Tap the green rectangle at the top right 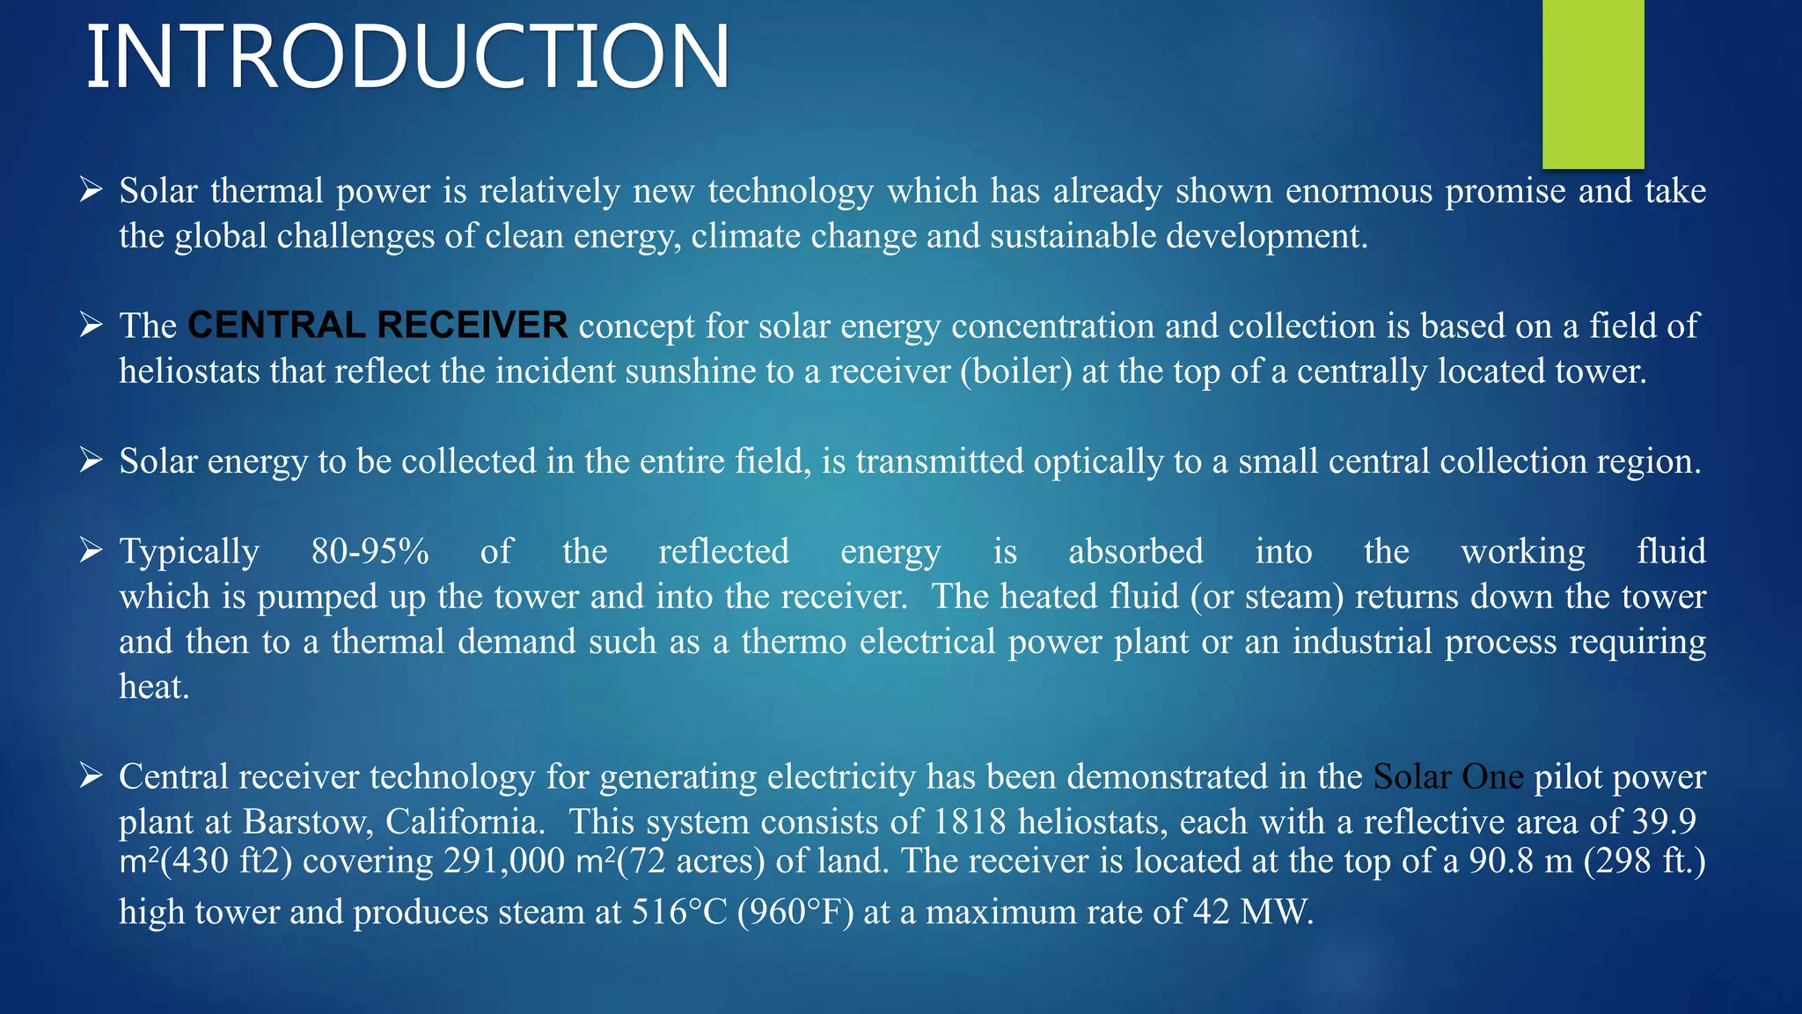tap(1593, 84)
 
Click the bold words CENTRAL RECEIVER tap(377, 326)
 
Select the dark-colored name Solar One tap(1447, 777)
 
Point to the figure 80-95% tap(370, 552)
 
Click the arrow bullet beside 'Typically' tap(92, 551)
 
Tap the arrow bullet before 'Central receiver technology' tap(92, 776)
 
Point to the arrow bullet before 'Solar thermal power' tap(92, 190)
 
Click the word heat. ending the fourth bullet tap(155, 687)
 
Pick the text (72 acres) tap(692, 861)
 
